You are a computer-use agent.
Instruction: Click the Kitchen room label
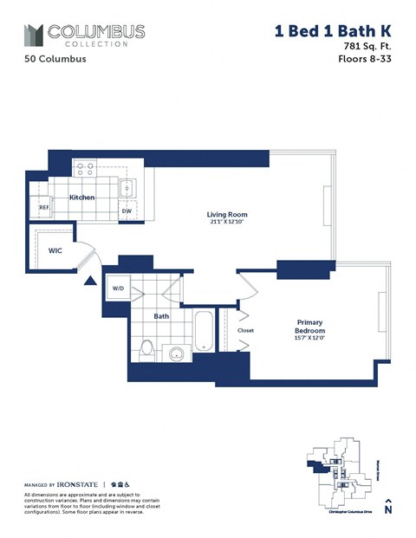coord(82,198)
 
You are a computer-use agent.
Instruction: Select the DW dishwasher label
coord(127,211)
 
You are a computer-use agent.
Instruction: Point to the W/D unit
coord(118,289)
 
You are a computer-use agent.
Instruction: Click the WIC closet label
coord(54,251)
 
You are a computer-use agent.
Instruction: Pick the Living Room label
coord(227,214)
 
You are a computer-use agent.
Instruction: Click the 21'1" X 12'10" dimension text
coord(227,223)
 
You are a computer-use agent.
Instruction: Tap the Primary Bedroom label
coord(309,326)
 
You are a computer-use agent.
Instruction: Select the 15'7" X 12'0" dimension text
coord(309,340)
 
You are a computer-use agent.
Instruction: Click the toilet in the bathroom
coord(148,349)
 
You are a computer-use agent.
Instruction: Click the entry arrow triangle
coord(88,281)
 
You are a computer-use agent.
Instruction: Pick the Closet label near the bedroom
coord(245,330)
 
